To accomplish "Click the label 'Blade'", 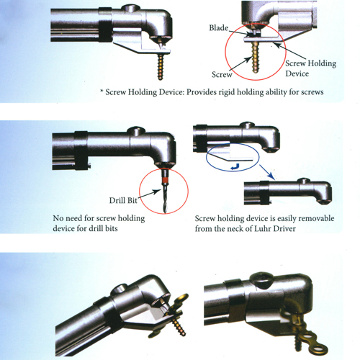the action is [218, 28].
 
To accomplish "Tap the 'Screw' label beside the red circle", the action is [222, 75].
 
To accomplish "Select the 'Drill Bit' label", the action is [123, 200].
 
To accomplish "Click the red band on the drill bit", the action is [165, 180].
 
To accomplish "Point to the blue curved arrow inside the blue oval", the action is [235, 166].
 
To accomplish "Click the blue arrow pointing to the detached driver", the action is [267, 172].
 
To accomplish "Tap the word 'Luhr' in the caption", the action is [263, 229].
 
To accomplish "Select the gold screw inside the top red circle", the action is [255, 58].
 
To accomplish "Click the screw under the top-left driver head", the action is [161, 66].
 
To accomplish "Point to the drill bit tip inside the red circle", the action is [165, 212].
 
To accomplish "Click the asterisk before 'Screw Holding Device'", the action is [102, 91].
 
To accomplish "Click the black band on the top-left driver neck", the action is [105, 24].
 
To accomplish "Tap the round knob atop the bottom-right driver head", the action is [261, 279].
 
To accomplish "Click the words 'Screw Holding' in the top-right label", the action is [310, 63].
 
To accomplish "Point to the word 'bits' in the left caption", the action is [111, 228].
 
